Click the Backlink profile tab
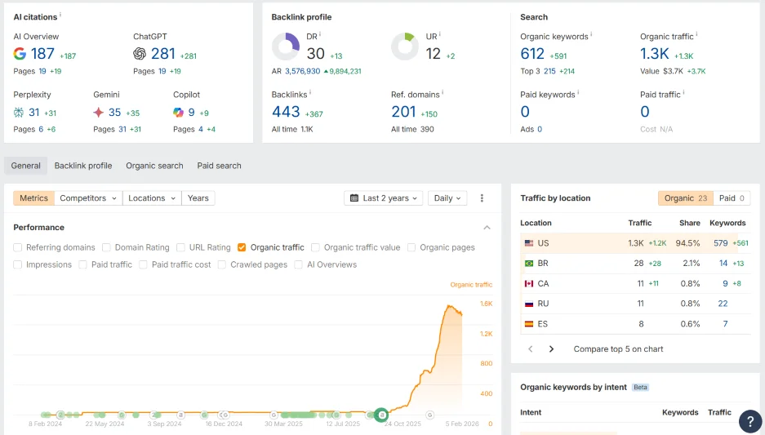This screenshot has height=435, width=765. (x=83, y=166)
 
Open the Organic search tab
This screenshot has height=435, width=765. (x=154, y=166)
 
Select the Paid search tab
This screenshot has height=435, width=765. (x=219, y=166)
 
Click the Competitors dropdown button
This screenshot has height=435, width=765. (x=89, y=198)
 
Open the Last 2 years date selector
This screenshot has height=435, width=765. (x=384, y=198)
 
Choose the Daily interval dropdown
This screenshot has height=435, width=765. (x=447, y=198)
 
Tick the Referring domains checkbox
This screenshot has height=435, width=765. (x=18, y=247)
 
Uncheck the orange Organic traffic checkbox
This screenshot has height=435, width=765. (x=242, y=247)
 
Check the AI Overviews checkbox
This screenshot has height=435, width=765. (x=299, y=264)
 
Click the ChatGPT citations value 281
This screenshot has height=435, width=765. (x=162, y=54)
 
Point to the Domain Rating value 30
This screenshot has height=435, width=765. (x=315, y=54)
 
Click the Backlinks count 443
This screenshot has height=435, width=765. (x=286, y=112)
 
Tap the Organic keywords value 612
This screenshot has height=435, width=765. (x=532, y=54)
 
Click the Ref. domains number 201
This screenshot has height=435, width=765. (x=403, y=112)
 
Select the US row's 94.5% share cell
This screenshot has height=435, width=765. (x=688, y=243)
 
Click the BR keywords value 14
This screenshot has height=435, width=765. (x=723, y=264)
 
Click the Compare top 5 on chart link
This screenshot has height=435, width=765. (x=618, y=349)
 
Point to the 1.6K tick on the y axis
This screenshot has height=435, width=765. (x=486, y=304)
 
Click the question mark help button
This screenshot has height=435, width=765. (x=750, y=421)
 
